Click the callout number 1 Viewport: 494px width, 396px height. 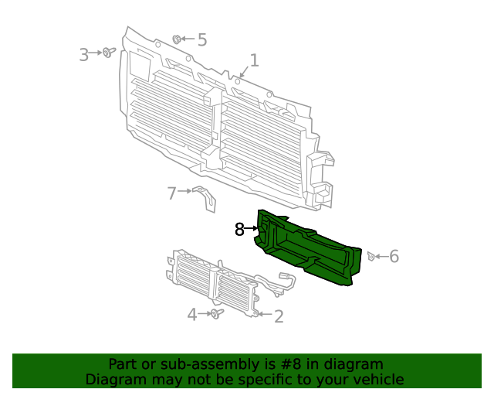tap(254, 60)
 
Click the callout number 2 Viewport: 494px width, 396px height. tap(279, 316)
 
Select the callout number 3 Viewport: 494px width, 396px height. tap(84, 54)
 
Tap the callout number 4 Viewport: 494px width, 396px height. tap(192, 314)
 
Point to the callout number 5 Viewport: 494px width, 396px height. tap(202, 39)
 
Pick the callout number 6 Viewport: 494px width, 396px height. tap(394, 256)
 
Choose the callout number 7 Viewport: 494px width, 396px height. tap(172, 193)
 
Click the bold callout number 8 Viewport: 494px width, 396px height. tap(240, 229)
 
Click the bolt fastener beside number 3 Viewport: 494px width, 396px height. tap(109, 53)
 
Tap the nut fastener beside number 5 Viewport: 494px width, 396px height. tap(178, 39)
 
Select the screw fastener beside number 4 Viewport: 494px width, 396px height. tap(215, 314)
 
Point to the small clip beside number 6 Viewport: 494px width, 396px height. tap(371, 256)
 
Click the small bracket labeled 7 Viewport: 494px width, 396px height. tap(205, 198)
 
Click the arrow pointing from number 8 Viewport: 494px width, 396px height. tap(253, 229)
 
